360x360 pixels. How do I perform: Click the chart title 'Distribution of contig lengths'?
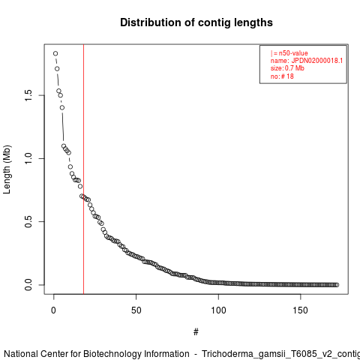click(196, 22)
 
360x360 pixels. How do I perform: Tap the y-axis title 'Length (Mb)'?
click(7, 169)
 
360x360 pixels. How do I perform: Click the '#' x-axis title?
click(196, 332)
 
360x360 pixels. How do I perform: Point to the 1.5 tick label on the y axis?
click(28, 95)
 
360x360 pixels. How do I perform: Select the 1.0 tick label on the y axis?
click(28, 158)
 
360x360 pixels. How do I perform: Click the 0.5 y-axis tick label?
click(28, 221)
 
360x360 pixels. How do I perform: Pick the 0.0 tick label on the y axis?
click(28, 285)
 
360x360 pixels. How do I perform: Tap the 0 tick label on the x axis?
click(54, 310)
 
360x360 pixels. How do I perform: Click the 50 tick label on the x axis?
click(136, 310)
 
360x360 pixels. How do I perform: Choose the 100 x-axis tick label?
click(218, 310)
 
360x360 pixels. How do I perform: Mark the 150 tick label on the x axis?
click(300, 310)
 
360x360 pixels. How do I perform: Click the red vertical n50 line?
click(83, 169)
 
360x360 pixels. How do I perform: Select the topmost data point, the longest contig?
click(55, 53)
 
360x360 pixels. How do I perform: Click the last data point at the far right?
click(337, 285)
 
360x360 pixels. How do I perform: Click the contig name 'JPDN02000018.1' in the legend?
click(317, 61)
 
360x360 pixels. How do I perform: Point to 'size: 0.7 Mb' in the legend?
click(287, 68)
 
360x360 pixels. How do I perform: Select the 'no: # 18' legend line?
click(282, 76)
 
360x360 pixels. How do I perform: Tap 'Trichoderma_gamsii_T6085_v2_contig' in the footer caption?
click(280, 355)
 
